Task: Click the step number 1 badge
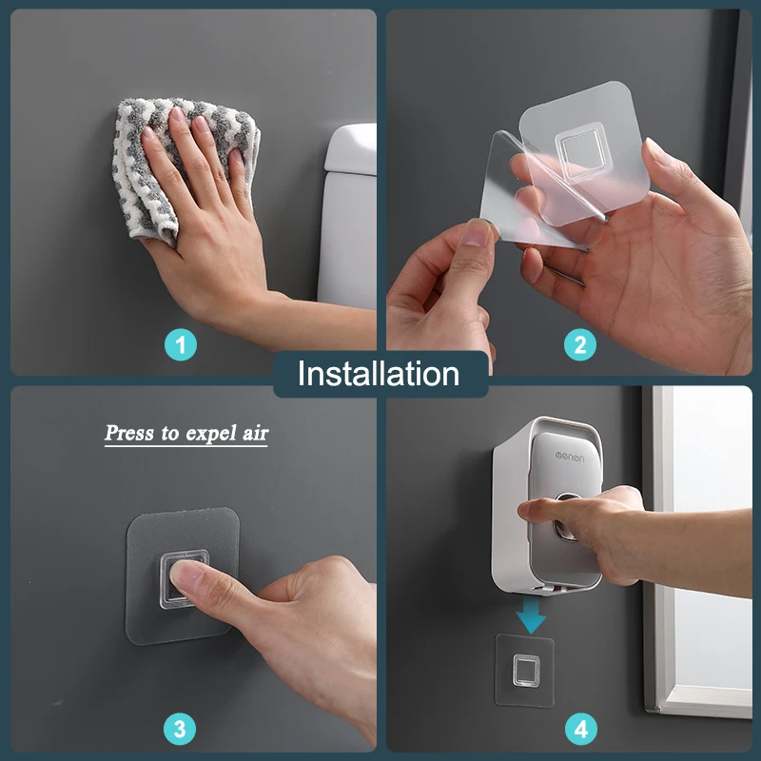click(x=181, y=344)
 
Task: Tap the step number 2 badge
click(x=579, y=344)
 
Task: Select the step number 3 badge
click(x=181, y=730)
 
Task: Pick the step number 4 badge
click(x=579, y=730)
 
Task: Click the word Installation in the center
click(x=379, y=374)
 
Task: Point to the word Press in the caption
click(x=129, y=434)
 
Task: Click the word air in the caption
click(x=253, y=434)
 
